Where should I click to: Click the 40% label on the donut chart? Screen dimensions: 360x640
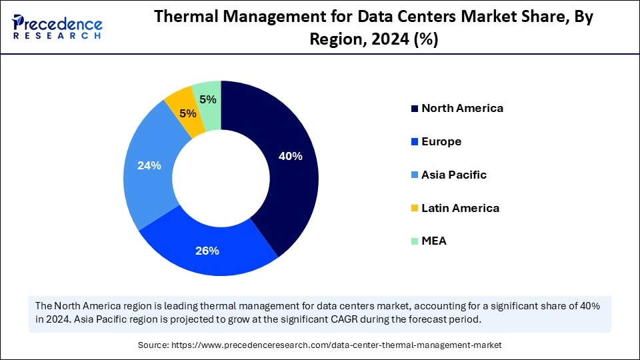coord(291,157)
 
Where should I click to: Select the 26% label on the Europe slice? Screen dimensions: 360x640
coord(207,251)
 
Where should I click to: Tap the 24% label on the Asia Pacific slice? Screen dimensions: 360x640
coord(149,165)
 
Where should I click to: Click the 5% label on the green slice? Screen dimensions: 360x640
coord(208,99)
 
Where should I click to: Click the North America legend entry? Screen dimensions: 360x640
coord(462,108)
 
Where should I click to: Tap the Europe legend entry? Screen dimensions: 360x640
coord(441,141)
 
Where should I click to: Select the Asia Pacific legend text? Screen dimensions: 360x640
coord(454,175)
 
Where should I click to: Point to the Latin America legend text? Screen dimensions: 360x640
coord(460,208)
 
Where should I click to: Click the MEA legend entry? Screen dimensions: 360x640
coord(434,241)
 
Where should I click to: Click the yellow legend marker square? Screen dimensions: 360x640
coord(415,209)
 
